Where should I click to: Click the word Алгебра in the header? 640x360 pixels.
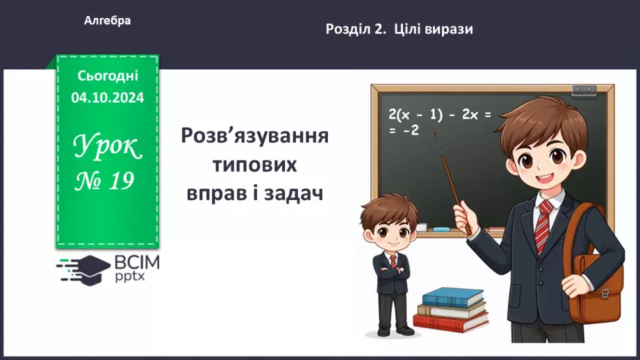click(x=107, y=21)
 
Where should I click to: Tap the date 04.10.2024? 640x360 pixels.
click(x=108, y=98)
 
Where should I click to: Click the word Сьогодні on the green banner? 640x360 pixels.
click(x=108, y=76)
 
